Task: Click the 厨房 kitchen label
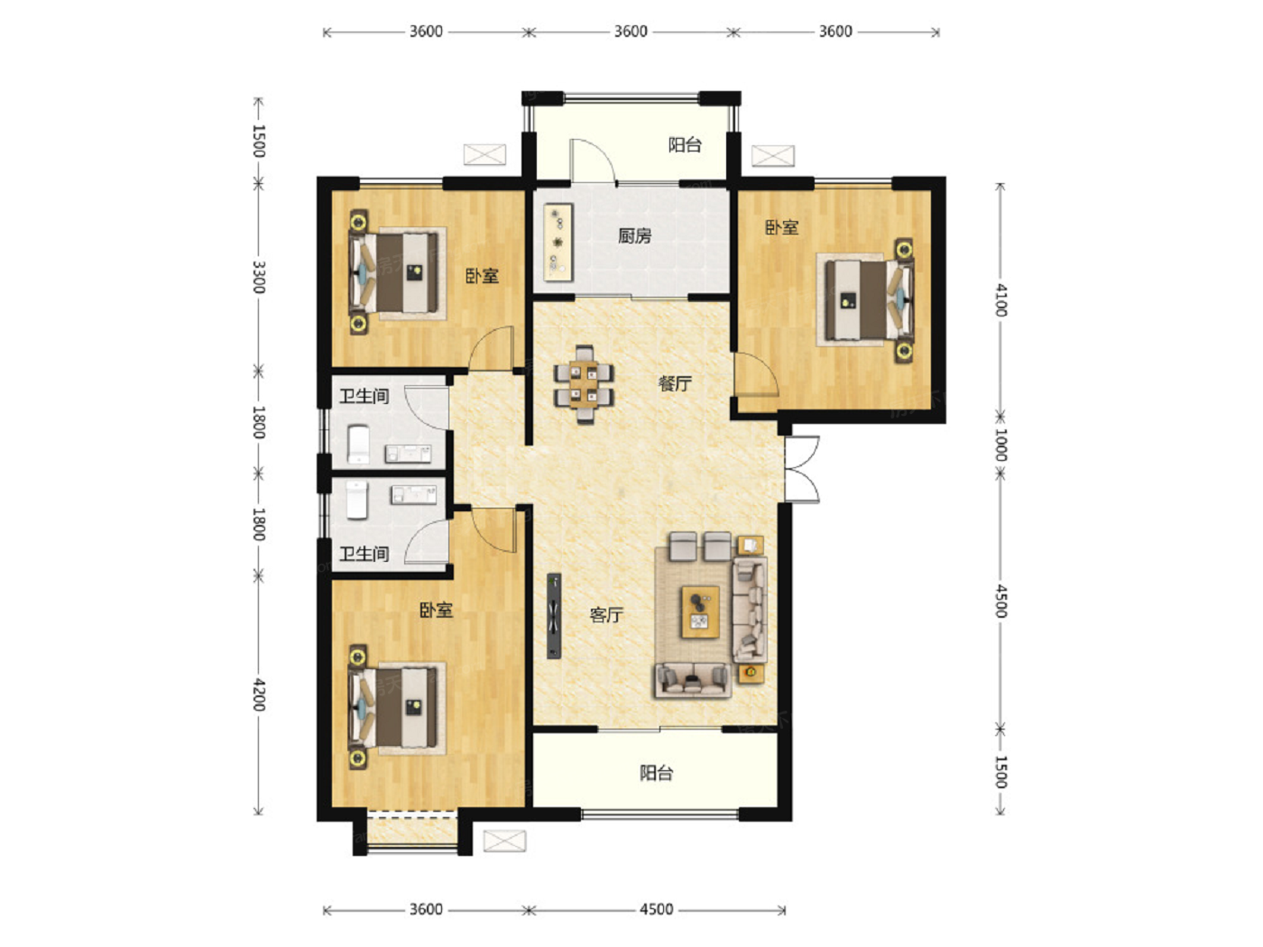coord(634,235)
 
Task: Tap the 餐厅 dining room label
coord(675,383)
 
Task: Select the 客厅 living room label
coord(606,615)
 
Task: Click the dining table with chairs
coord(584,384)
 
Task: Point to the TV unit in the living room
coord(554,615)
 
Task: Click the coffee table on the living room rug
coord(700,611)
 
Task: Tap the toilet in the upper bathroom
coord(358,444)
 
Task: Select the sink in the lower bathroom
coord(413,494)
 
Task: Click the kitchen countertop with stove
coord(558,242)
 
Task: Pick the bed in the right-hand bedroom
coord(865,299)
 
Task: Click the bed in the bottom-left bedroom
coord(397,707)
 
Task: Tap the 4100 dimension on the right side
coord(1000,299)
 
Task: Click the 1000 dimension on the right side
coord(1000,445)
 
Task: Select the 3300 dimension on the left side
coord(259,277)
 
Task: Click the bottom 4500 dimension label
coord(656,909)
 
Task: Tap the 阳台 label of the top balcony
coord(685,145)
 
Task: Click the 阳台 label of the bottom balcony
coord(656,773)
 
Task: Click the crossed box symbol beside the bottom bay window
coord(504,841)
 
